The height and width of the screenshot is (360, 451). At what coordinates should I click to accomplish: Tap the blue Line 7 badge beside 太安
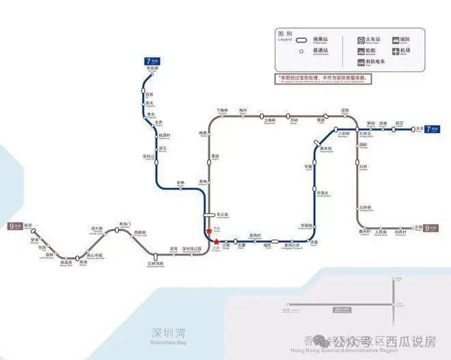point(431,128)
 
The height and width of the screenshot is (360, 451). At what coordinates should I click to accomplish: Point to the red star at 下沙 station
point(208,230)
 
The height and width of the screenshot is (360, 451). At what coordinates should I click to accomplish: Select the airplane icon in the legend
point(395,51)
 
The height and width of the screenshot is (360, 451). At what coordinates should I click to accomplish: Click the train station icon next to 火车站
point(360,40)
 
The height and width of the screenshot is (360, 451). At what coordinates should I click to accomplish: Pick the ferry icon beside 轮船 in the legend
point(360,51)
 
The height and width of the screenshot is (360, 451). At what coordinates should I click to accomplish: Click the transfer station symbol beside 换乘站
point(300,40)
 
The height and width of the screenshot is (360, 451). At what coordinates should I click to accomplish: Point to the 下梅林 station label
point(221,111)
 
